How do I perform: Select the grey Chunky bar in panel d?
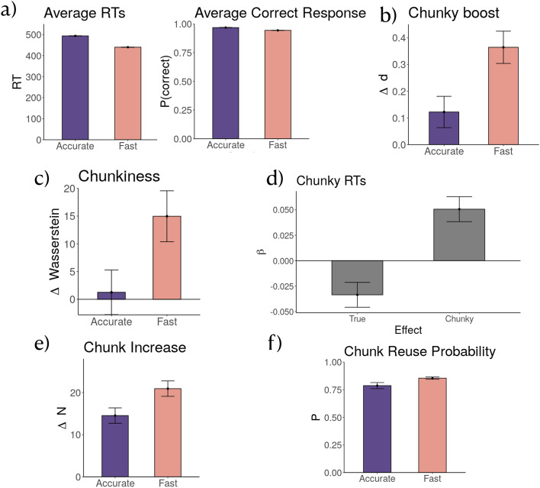coord(459,234)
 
